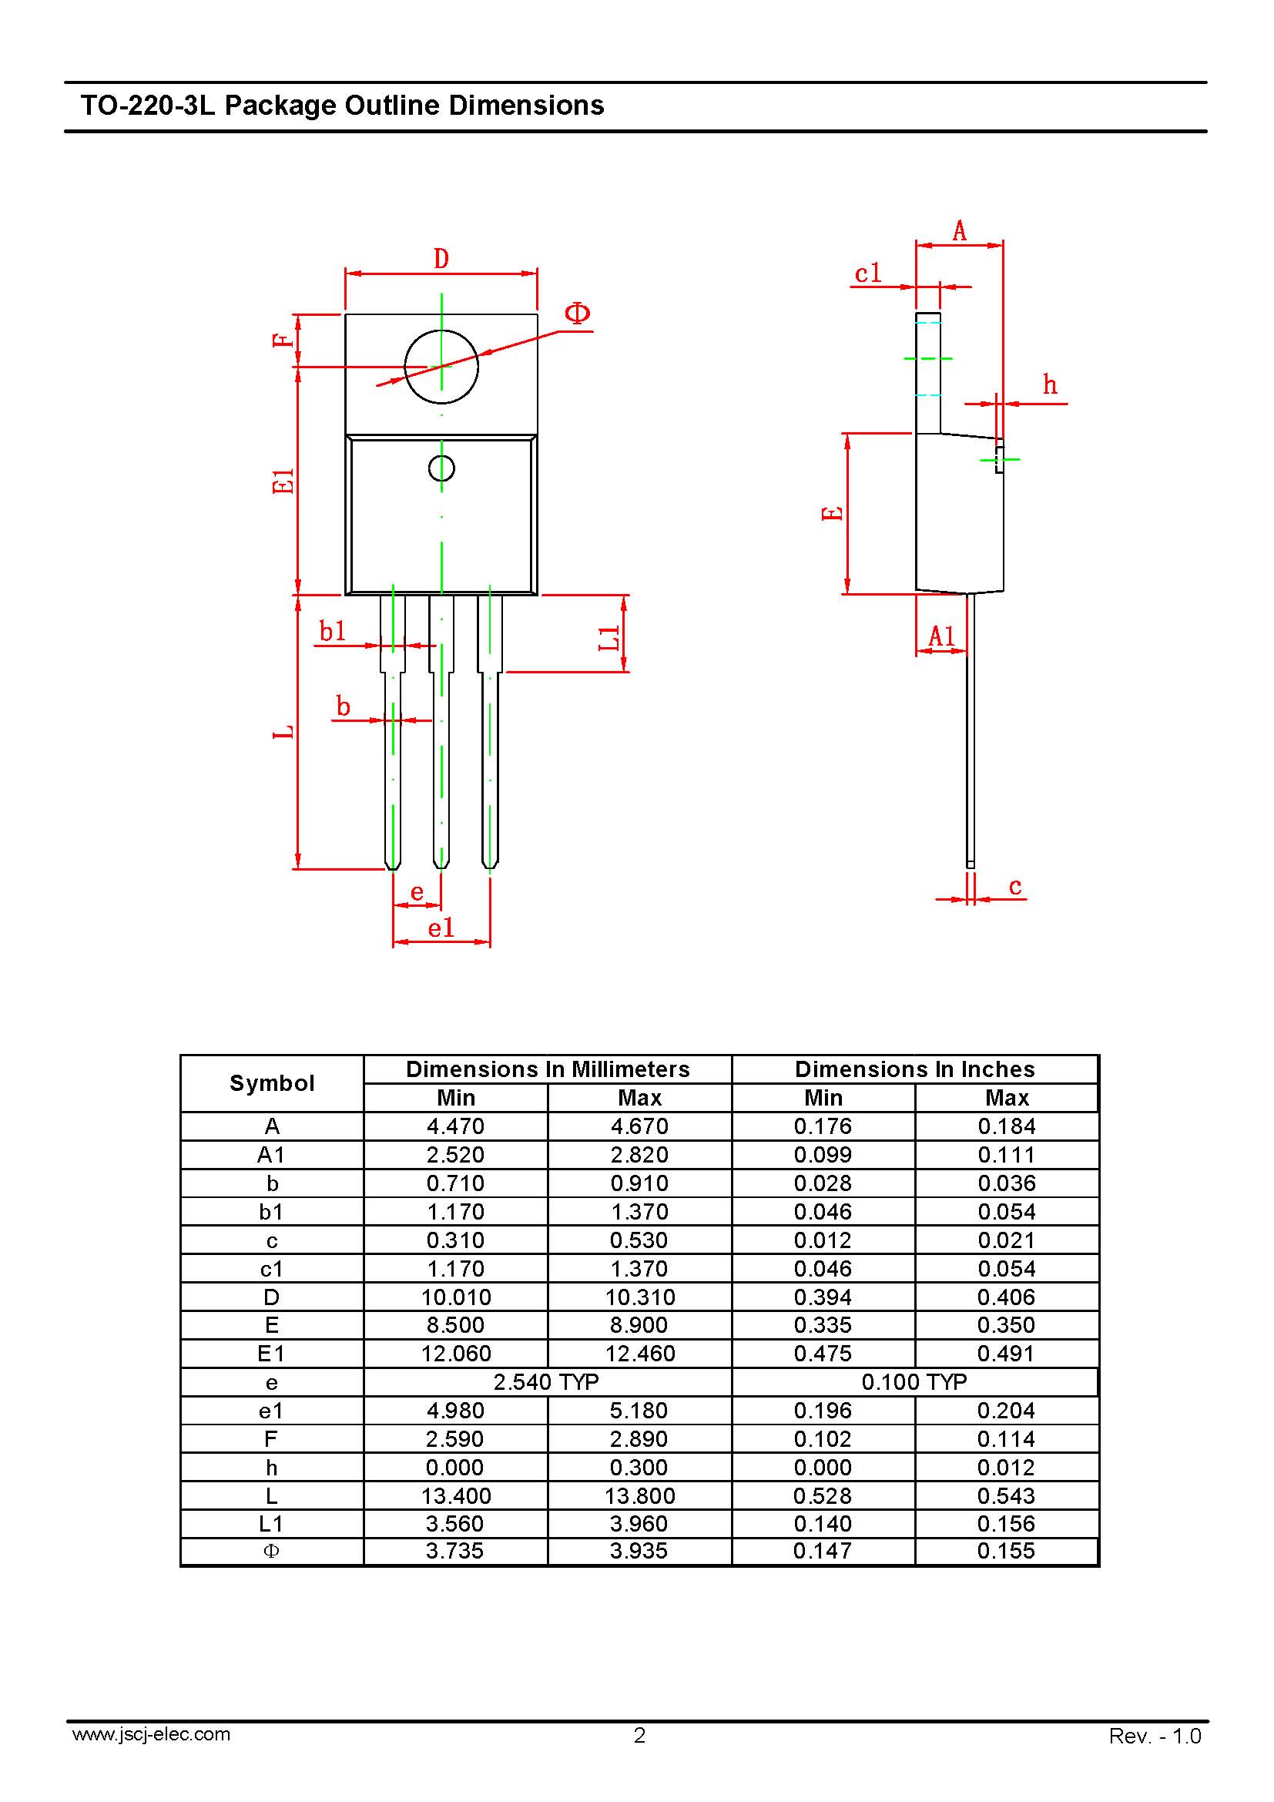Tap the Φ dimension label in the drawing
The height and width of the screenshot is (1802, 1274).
[x=578, y=314]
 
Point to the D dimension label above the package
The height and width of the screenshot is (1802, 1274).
[x=441, y=258]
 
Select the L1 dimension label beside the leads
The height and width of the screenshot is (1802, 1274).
[x=609, y=638]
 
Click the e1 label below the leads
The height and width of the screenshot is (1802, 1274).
[x=441, y=928]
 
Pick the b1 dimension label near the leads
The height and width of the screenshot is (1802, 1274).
[x=333, y=630]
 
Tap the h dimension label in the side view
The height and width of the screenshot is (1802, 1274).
[x=1050, y=384]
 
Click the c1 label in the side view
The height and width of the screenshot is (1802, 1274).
[x=868, y=273]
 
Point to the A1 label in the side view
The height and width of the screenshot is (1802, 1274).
[x=941, y=636]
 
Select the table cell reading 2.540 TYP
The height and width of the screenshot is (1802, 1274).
[x=547, y=1382]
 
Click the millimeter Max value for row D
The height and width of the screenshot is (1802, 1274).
[x=640, y=1297]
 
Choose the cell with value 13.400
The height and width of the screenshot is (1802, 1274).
[x=456, y=1496]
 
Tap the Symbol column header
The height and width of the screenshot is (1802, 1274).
[x=271, y=1083]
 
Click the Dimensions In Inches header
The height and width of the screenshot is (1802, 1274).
[x=915, y=1069]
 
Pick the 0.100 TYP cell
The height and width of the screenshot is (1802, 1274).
[x=915, y=1382]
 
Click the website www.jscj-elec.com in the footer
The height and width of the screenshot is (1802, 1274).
[x=152, y=1733]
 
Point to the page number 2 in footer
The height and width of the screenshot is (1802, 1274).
[x=639, y=1735]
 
